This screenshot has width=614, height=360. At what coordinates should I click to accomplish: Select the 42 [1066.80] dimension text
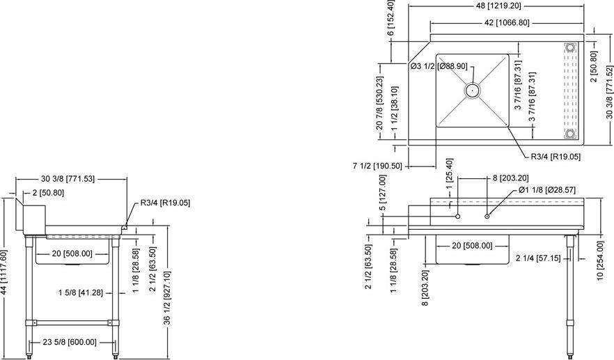coord(507,22)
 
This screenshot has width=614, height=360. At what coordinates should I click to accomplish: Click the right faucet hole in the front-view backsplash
coord(487,215)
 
